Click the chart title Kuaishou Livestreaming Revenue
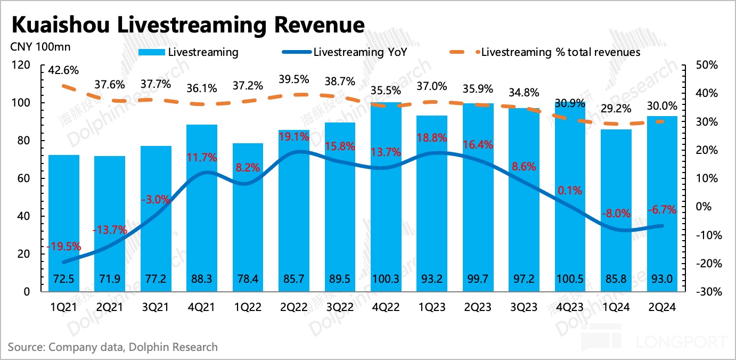coord(187,25)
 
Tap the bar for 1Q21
coord(64,224)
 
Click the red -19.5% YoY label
coord(63,246)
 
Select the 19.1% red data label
coord(294,136)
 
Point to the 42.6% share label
coord(63,70)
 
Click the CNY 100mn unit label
coord(40,46)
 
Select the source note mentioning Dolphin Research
coord(113,347)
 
